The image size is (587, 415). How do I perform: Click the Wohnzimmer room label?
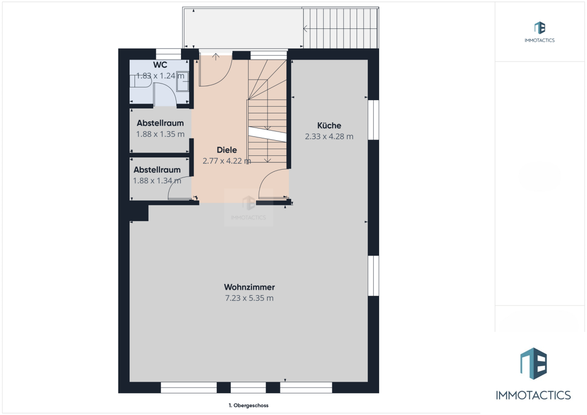249,287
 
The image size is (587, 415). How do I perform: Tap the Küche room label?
329,126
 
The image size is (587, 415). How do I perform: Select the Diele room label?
226,150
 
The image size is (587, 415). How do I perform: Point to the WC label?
160,65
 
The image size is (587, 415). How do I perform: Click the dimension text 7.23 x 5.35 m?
249,298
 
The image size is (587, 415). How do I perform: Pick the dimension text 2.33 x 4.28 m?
329,136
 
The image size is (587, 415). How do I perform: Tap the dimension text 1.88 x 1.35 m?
160,134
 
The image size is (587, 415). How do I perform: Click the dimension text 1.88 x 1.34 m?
157,181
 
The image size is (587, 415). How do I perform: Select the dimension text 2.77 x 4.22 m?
226,161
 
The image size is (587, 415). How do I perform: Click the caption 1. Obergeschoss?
248,405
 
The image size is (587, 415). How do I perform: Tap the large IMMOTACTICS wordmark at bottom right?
533,395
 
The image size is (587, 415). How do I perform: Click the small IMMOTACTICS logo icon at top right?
540,28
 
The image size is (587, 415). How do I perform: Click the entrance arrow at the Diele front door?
216,57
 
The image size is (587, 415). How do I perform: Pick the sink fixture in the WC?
182,81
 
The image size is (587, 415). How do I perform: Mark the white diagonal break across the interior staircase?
267,134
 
